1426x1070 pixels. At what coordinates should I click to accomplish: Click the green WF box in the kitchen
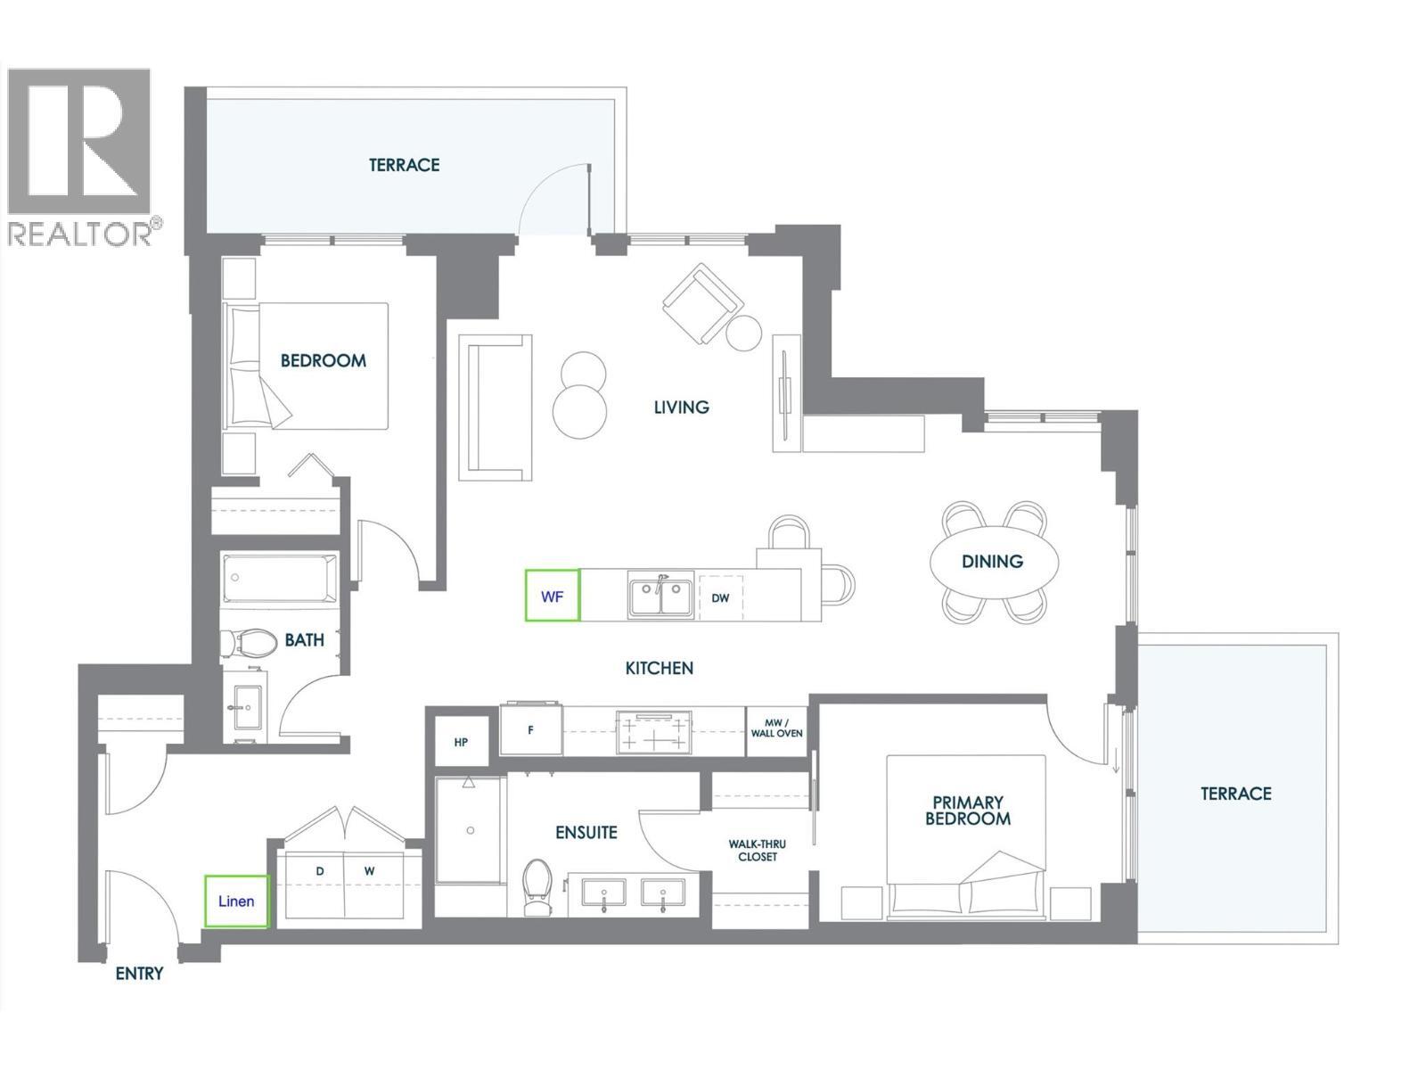552,596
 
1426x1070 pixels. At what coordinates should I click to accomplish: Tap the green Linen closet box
236,901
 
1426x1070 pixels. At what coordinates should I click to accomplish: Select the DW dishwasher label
720,597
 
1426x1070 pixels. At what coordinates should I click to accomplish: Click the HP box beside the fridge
461,742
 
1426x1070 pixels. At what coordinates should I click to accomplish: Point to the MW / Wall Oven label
777,728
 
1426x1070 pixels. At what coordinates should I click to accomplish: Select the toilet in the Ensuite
537,887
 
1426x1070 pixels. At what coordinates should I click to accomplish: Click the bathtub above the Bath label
280,577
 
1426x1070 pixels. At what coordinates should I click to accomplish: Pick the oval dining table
994,562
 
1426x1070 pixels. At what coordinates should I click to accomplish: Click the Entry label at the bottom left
140,974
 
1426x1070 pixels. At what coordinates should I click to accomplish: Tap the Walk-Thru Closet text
758,850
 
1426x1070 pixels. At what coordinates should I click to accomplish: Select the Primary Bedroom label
968,811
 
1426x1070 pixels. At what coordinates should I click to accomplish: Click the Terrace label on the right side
1235,793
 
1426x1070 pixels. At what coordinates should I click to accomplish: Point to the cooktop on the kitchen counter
655,731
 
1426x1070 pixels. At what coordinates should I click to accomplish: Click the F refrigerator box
531,729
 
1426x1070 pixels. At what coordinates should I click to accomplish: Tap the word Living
682,407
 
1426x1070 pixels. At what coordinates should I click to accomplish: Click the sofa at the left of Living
495,408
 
